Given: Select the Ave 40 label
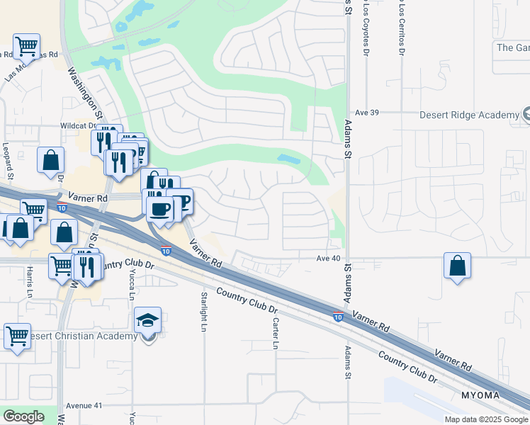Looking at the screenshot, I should tap(329, 259).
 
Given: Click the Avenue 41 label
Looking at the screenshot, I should tap(84, 406).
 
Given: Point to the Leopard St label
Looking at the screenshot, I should tap(8, 161).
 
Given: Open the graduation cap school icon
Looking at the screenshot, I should tap(148, 320).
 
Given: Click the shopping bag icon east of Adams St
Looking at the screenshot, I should tap(458, 266).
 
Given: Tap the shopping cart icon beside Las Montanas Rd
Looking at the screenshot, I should tap(27, 47).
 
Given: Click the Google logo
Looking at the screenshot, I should tap(23, 416).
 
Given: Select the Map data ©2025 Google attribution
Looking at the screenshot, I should tap(486, 419).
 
